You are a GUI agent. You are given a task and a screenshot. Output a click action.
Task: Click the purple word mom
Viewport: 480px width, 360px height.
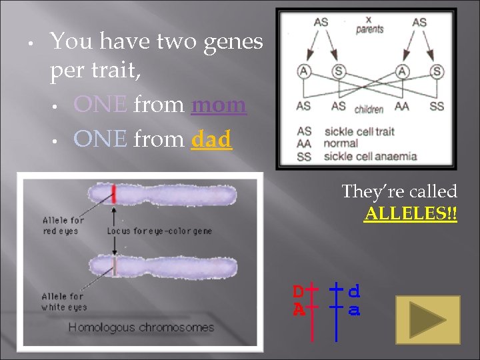(219, 105)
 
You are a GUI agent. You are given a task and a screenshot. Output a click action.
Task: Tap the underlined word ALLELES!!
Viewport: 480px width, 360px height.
(411, 214)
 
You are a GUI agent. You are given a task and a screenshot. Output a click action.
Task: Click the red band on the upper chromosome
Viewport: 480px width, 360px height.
(114, 193)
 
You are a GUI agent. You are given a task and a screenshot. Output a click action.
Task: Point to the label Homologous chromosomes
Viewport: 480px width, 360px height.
(141, 327)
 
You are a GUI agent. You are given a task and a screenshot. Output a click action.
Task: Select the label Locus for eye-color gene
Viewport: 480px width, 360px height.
(159, 231)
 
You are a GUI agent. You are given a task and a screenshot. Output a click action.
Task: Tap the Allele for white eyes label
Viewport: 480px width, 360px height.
(64, 301)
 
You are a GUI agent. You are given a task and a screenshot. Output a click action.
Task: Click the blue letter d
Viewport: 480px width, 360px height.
(355, 291)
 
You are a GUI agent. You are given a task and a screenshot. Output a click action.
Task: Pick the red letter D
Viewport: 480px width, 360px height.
(299, 291)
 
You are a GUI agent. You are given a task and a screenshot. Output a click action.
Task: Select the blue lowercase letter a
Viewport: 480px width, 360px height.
(355, 310)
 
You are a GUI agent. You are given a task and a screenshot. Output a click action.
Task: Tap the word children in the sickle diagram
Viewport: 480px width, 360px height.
(368, 109)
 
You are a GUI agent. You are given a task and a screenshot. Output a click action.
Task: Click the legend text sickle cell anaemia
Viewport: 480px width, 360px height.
(371, 157)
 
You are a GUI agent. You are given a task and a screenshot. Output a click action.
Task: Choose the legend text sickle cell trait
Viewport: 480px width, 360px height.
(359, 131)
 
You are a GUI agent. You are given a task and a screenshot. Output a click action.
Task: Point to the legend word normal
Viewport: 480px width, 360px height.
(341, 144)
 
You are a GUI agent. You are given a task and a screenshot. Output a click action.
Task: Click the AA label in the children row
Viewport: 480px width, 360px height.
(401, 107)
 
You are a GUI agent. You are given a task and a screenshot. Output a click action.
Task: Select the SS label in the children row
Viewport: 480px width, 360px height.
(437, 107)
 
